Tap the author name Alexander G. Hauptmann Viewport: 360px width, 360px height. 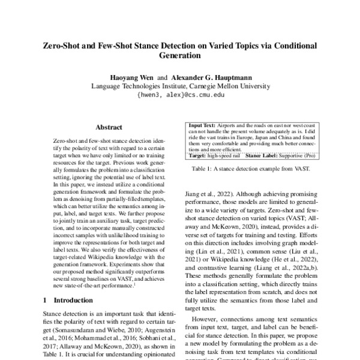click(x=209, y=78)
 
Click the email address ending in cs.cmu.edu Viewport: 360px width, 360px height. click(x=180, y=95)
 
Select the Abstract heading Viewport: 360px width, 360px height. click(x=109, y=127)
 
